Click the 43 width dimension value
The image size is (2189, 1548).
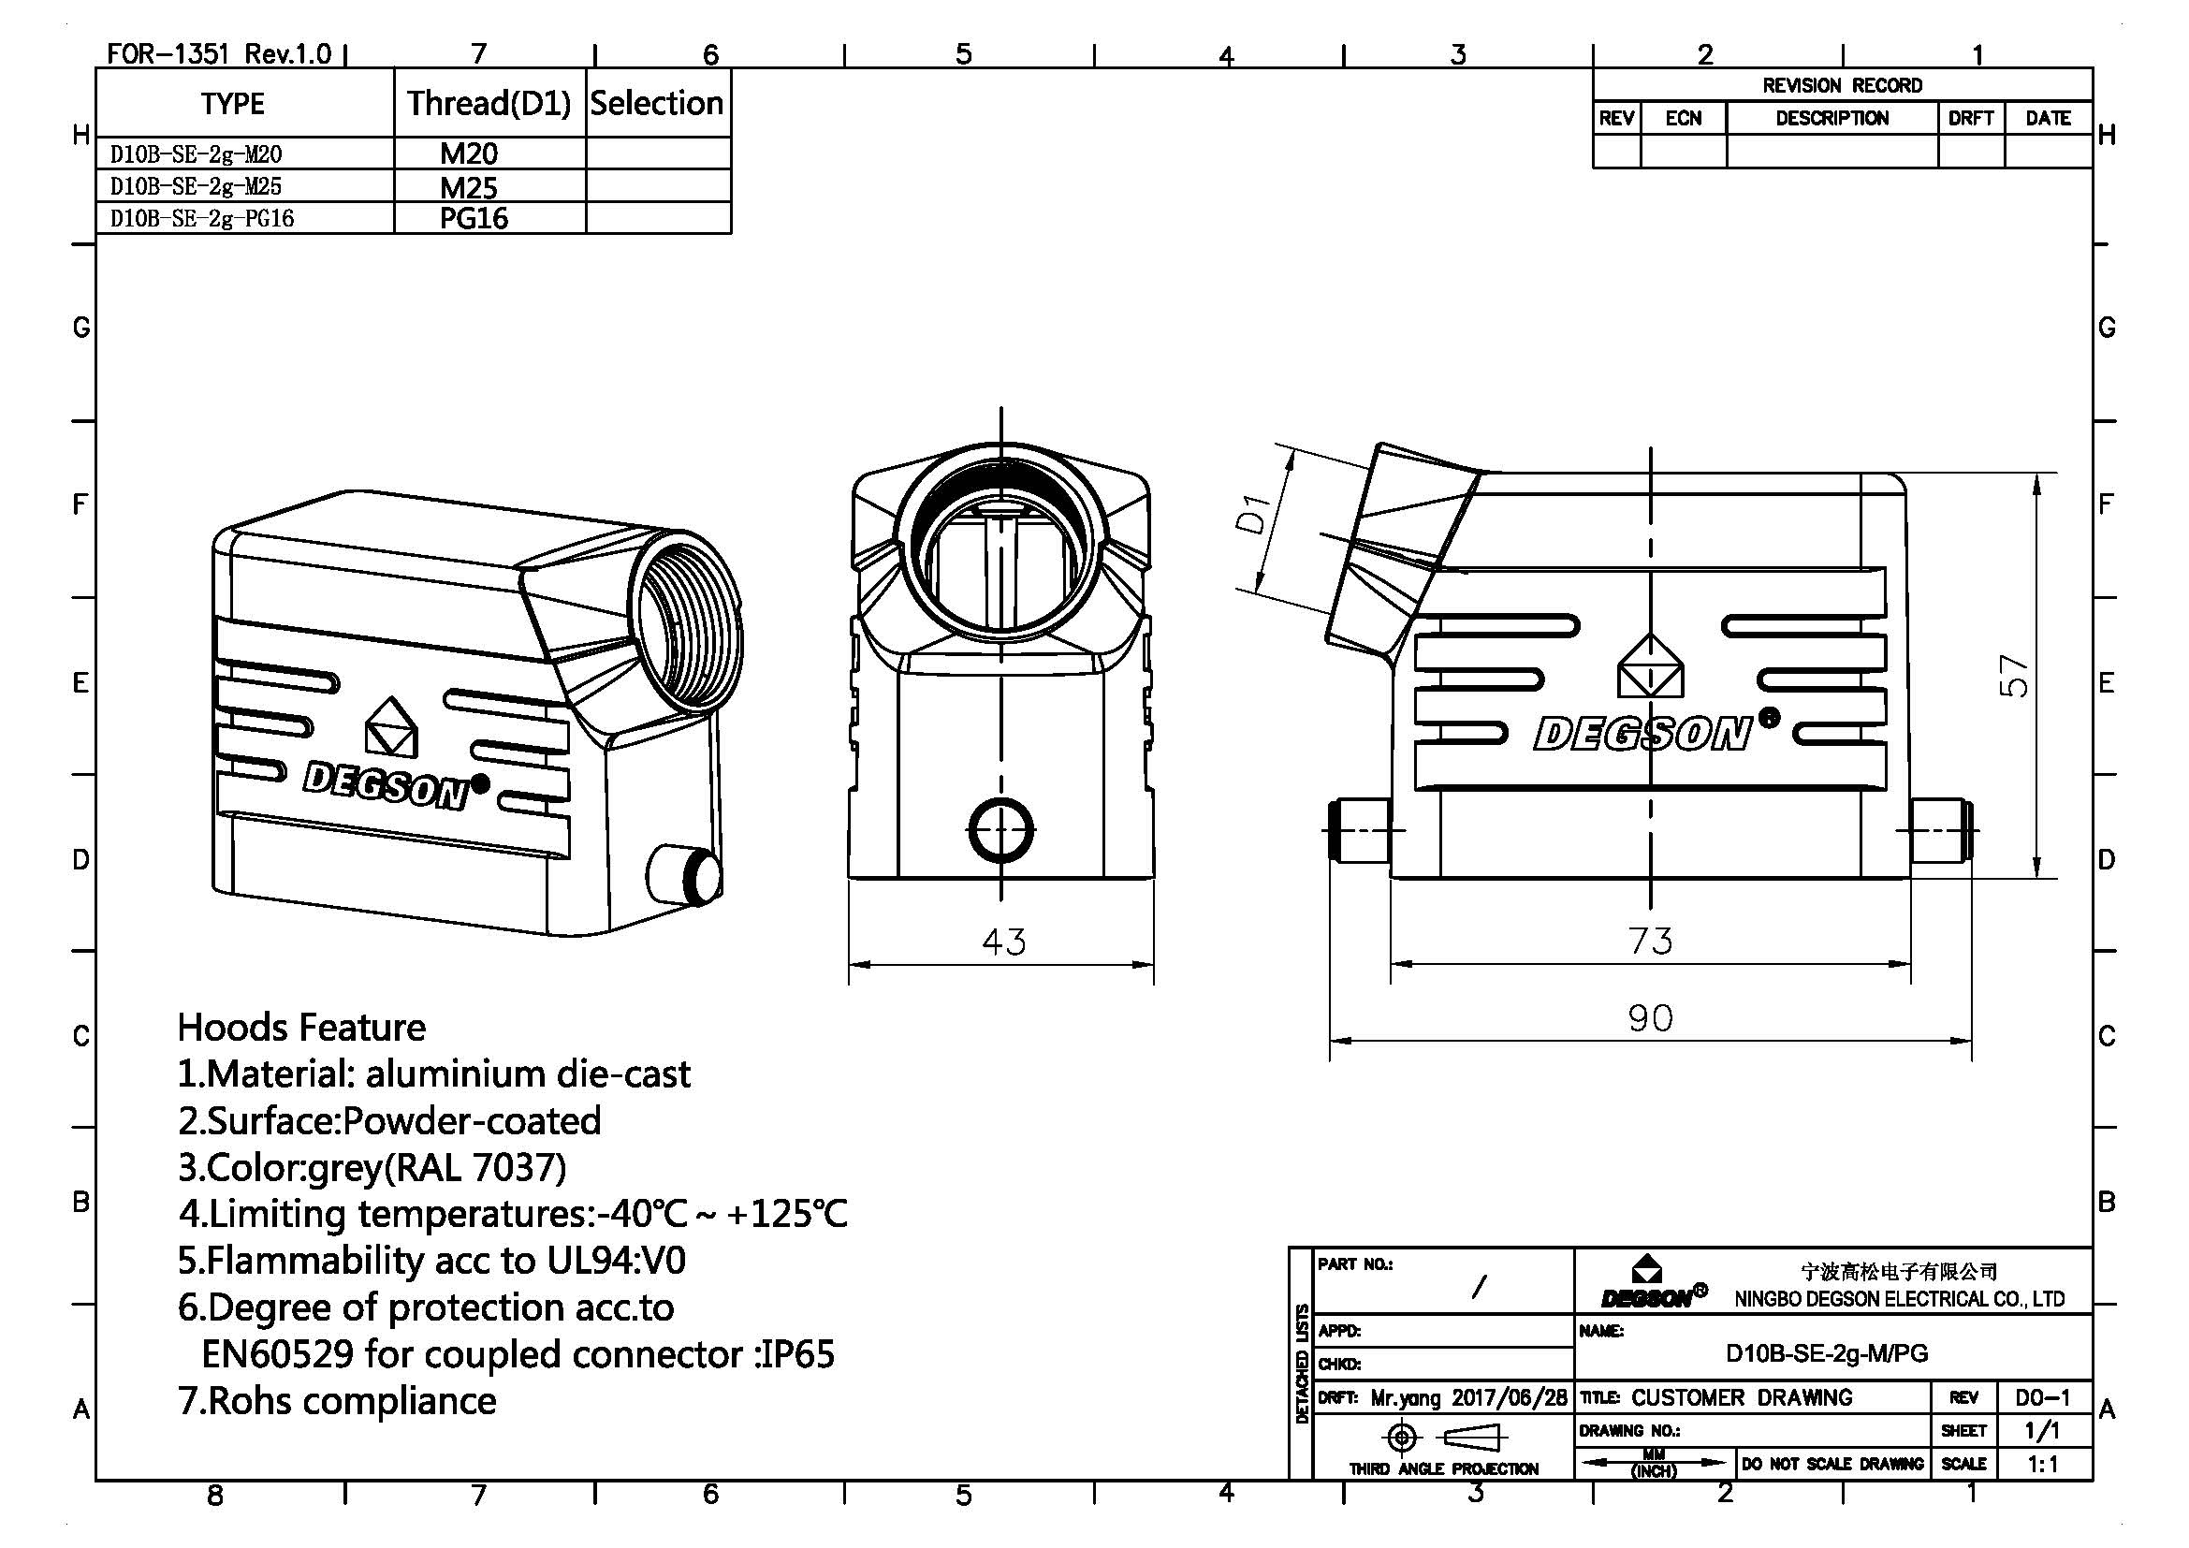(x=1003, y=942)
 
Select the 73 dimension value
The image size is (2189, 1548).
(x=1649, y=941)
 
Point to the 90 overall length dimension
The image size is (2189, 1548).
(x=1649, y=1018)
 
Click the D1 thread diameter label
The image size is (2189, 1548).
(x=1253, y=516)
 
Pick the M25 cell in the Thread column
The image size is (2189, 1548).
(x=468, y=187)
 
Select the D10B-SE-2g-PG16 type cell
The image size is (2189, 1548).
(x=202, y=218)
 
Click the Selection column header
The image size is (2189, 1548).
(x=657, y=103)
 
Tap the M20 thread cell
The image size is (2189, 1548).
(x=468, y=153)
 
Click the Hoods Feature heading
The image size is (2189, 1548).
(x=301, y=1028)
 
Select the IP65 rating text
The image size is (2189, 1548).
(x=795, y=1353)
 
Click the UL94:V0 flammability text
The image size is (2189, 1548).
(x=616, y=1260)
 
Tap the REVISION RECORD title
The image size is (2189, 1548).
(x=1841, y=85)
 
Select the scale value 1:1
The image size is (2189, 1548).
(x=2042, y=1463)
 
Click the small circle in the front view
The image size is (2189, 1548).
(x=1001, y=829)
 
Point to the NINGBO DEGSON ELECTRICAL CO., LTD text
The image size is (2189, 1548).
(x=1899, y=1298)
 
